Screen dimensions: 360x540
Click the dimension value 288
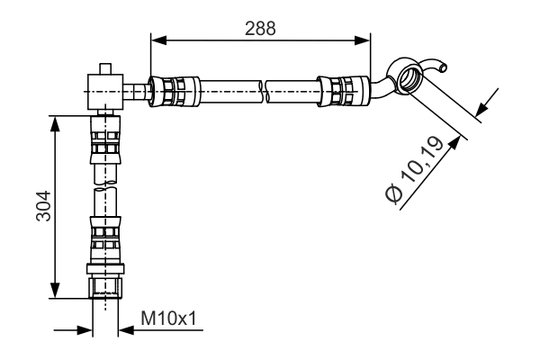[x=260, y=26]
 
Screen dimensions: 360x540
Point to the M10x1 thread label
[x=166, y=318]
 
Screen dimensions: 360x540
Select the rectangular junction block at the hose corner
[x=104, y=89]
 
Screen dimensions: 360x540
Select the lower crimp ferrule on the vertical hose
[x=104, y=239]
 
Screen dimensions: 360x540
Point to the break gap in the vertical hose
[x=104, y=185]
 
